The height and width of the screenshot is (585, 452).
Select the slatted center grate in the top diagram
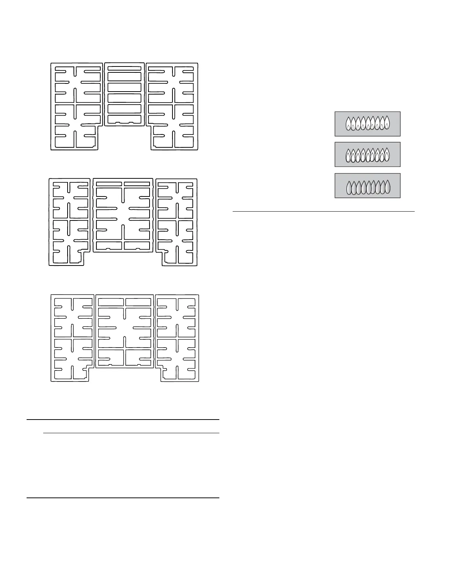[124, 94]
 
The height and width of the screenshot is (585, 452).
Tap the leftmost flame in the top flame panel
[348, 124]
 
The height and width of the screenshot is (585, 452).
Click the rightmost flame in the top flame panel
[387, 124]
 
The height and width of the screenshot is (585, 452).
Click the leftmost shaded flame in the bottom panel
[349, 188]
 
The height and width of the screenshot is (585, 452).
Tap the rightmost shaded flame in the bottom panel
[387, 188]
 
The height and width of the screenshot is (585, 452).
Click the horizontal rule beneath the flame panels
[323, 212]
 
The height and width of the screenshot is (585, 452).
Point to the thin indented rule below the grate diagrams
[131, 433]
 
